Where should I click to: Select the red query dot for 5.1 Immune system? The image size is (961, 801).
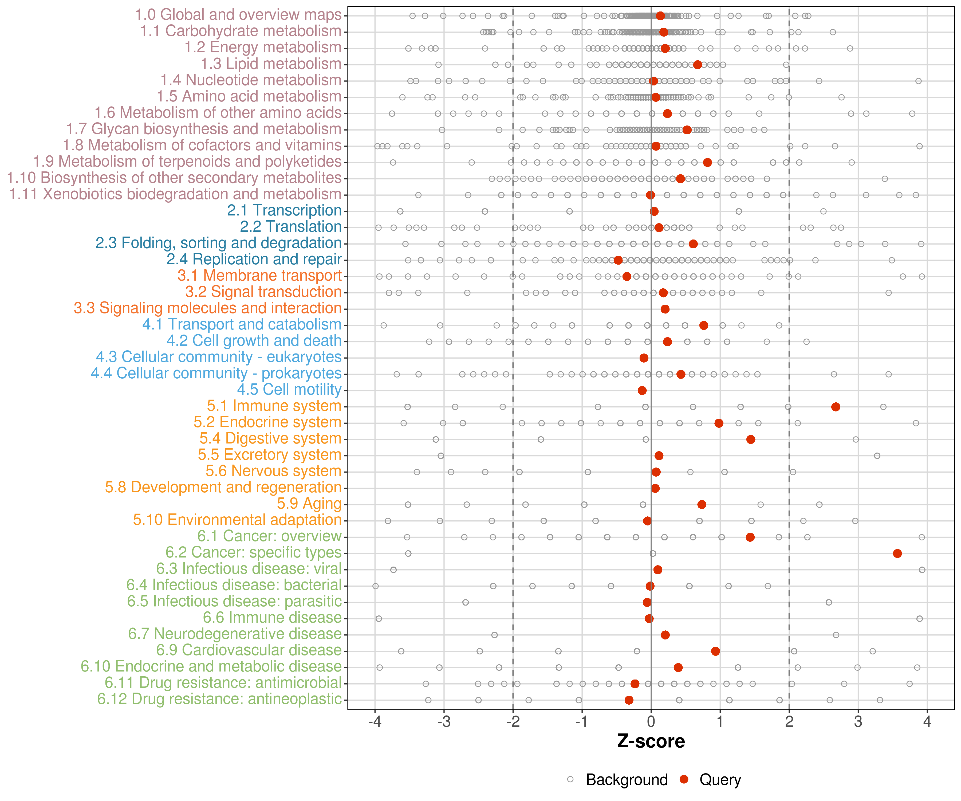(836, 407)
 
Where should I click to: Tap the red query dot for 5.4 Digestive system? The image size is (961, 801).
(750, 439)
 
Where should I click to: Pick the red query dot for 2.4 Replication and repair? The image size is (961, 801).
(618, 260)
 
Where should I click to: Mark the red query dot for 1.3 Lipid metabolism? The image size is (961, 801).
(698, 65)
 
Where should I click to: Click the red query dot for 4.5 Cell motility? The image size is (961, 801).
(642, 390)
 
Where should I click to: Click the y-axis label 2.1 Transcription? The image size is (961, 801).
(284, 211)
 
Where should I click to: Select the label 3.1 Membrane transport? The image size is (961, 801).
(259, 276)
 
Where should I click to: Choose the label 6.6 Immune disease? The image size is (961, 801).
(272, 618)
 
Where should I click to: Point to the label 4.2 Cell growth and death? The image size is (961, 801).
(254, 340)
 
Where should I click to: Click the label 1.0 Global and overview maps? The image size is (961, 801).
(238, 15)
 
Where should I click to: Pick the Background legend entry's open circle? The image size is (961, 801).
(570, 779)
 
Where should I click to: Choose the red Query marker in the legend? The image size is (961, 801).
(684, 779)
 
